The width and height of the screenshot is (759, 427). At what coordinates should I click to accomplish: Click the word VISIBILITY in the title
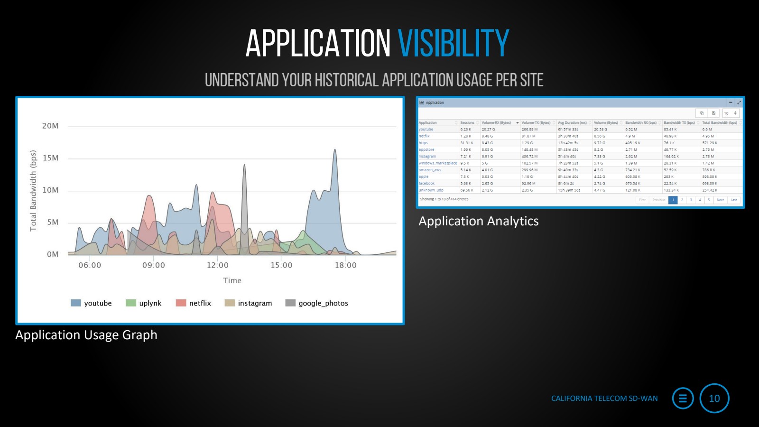(453, 44)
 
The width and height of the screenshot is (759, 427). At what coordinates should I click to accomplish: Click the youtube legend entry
(91, 303)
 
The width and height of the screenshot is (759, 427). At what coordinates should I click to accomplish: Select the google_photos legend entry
(316, 303)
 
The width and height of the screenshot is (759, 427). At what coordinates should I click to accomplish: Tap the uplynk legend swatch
(131, 303)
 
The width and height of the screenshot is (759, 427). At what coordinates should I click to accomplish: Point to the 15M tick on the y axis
(50, 158)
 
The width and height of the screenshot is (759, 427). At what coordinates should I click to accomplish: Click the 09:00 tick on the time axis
(154, 265)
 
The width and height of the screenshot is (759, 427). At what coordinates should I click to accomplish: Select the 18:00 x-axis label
(345, 265)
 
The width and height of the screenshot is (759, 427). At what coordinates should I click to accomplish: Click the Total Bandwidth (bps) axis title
(33, 191)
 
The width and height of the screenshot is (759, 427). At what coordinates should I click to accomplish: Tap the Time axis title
(232, 280)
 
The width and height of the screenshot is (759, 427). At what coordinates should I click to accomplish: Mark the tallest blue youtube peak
(335, 150)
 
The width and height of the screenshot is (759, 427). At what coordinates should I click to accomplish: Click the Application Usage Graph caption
(86, 335)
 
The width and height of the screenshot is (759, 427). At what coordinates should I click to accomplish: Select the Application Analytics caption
(478, 221)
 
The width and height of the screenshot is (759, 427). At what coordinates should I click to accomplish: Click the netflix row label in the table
(424, 136)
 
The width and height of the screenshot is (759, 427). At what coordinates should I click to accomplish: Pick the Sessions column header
(467, 123)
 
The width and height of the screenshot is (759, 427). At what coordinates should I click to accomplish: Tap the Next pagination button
(720, 200)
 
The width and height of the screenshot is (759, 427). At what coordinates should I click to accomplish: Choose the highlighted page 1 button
(673, 200)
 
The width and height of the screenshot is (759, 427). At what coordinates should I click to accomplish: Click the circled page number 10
(714, 399)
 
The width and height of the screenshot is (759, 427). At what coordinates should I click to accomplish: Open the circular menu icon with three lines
(683, 399)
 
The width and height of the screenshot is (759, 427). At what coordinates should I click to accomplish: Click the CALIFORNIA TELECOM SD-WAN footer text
(604, 399)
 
